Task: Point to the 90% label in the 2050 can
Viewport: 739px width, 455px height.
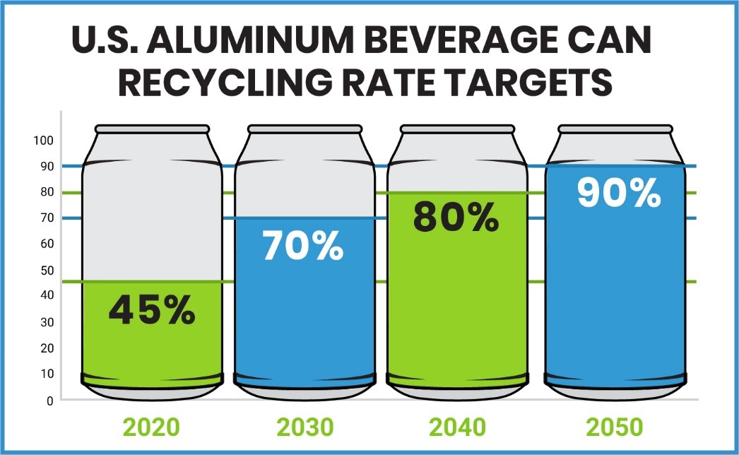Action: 619,191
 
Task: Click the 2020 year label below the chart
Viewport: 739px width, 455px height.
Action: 151,427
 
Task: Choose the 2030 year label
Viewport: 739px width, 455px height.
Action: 305,427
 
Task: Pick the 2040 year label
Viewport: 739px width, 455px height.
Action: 457,427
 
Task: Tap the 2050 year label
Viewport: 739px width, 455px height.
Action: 615,427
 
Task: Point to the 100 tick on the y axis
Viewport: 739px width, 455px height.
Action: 43,140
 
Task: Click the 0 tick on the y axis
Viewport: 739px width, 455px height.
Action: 49,401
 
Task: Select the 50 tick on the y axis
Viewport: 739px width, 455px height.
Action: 46,270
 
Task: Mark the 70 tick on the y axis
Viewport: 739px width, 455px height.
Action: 46,218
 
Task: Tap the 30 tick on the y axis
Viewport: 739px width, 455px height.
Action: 46,322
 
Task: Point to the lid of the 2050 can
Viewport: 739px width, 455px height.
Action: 615,129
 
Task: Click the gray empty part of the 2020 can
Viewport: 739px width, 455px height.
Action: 152,219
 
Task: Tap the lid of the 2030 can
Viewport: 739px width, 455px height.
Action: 305,129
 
